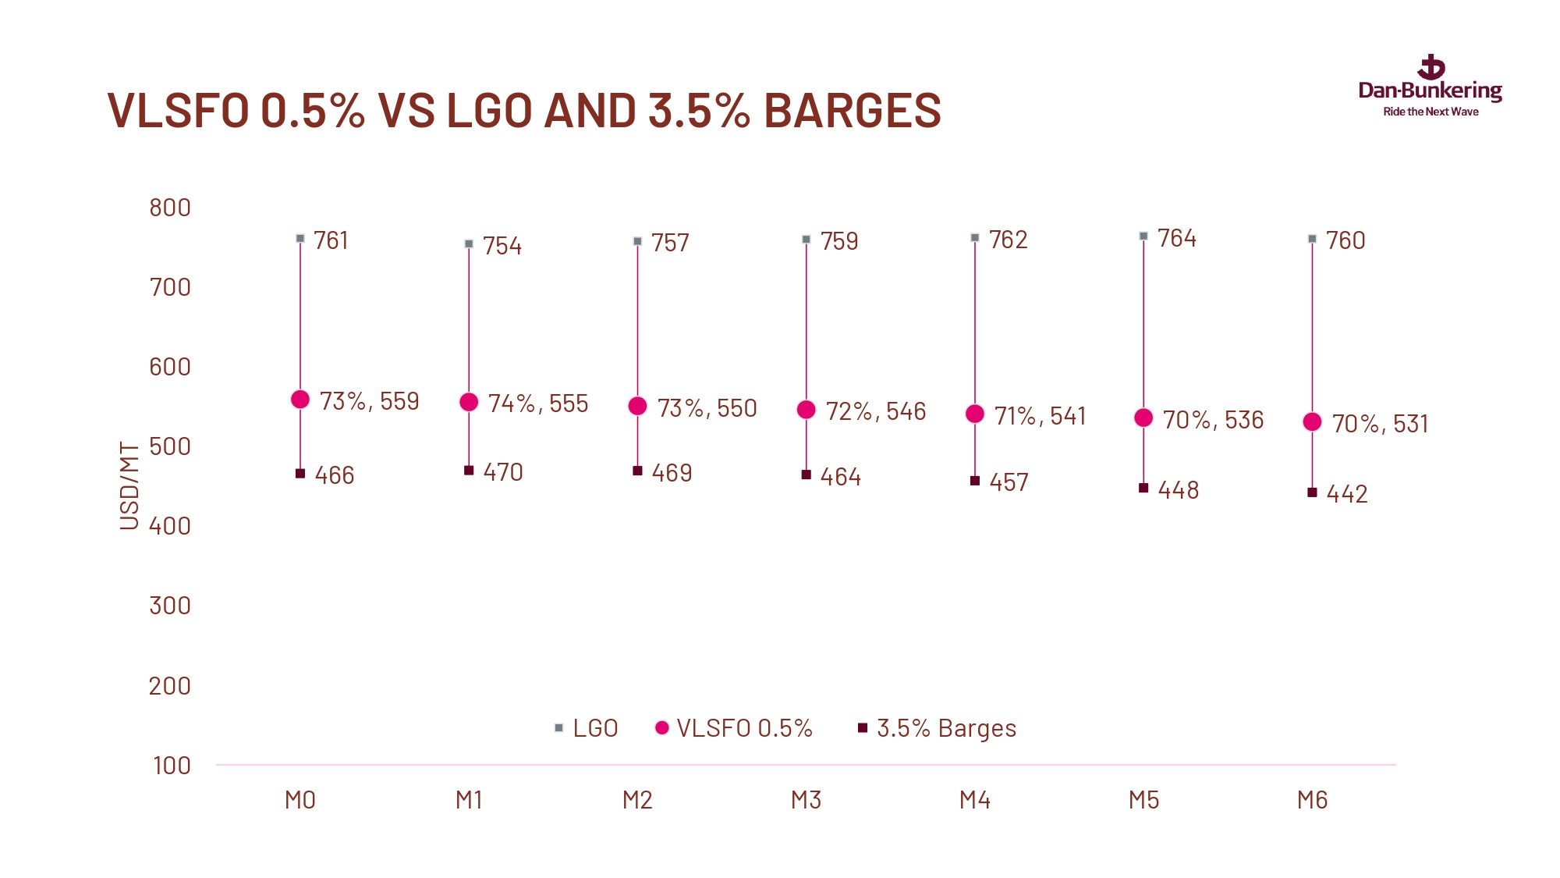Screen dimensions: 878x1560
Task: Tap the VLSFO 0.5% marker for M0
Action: (300, 400)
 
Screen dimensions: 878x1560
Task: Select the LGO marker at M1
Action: (469, 243)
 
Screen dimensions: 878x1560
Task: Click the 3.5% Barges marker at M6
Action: (1312, 492)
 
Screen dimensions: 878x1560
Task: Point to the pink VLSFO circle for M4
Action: (975, 414)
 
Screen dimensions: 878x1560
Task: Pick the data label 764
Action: (1176, 238)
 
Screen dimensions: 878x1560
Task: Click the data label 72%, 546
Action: (875, 411)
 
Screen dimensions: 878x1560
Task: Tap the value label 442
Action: (1346, 494)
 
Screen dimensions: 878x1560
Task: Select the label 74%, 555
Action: (537, 403)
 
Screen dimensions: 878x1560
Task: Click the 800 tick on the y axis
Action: (170, 208)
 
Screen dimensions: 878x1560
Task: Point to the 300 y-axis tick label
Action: (170, 606)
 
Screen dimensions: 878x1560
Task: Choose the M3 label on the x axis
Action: (806, 800)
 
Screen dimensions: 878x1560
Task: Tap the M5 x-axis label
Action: (1143, 800)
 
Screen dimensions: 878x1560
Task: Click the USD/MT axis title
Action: (129, 485)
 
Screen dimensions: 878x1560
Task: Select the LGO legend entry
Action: (587, 728)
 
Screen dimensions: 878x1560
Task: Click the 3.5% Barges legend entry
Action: (938, 728)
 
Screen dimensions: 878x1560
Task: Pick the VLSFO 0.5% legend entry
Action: (734, 728)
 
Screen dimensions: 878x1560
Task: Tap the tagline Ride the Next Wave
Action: (1431, 112)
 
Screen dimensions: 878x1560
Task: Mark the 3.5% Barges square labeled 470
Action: (469, 471)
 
